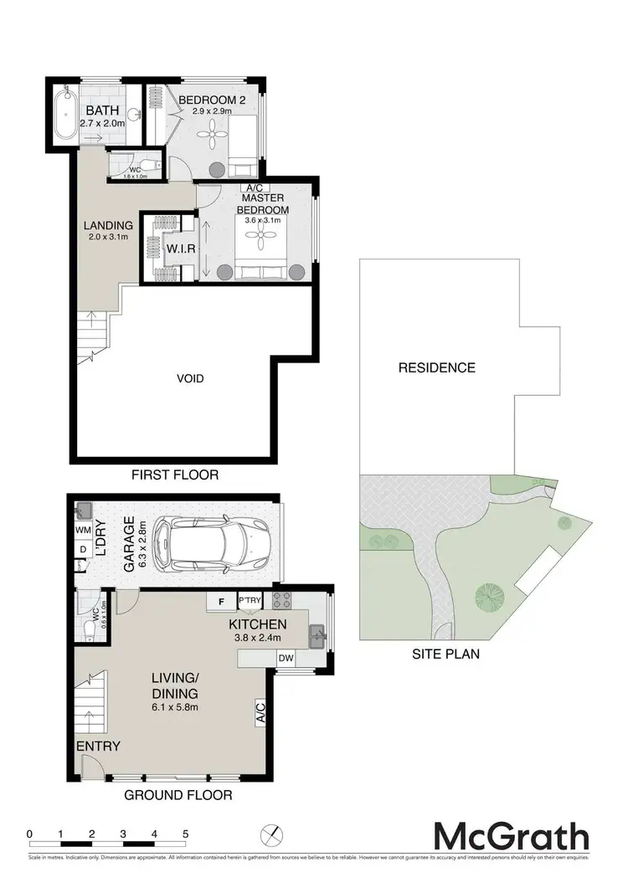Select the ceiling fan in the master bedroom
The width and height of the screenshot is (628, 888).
tap(261, 242)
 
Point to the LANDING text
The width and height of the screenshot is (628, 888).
tap(108, 225)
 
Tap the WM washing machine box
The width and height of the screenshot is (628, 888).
tap(82, 530)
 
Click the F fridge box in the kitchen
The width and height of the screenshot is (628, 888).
tap(221, 601)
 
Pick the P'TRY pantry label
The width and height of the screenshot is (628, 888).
tap(250, 601)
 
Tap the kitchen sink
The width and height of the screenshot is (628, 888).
tap(317, 638)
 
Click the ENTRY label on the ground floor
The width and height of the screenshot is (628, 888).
tap(98, 747)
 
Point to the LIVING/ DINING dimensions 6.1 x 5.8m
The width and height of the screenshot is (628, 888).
tap(174, 711)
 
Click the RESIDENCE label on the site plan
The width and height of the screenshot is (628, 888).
tap(436, 367)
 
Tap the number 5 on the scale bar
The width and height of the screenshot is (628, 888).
tap(185, 834)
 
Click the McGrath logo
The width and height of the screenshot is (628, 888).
tap(511, 836)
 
